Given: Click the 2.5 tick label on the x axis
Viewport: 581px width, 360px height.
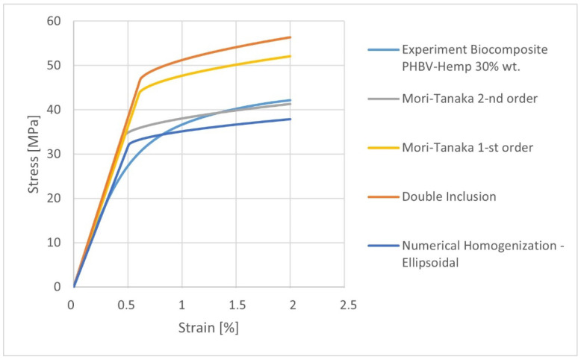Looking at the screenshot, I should tap(347, 305).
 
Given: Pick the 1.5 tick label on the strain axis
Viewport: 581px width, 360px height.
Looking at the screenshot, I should tap(237, 305).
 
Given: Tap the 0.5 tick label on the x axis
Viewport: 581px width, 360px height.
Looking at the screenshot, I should tap(126, 305).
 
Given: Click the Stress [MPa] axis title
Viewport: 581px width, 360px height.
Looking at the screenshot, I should tap(34, 155).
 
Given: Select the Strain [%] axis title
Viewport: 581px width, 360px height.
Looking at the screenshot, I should tap(208, 327).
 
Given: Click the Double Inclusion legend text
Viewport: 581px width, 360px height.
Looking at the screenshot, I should tap(446, 196).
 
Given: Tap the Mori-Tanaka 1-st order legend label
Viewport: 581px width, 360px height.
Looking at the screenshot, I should tap(466, 147).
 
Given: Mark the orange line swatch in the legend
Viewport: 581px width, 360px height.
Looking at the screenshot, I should tap(380, 196).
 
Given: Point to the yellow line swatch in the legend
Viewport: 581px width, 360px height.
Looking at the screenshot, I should tap(380, 148).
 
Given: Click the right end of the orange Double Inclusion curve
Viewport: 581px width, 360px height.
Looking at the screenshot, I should tap(290, 37).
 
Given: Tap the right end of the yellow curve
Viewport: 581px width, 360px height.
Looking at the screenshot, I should tap(290, 56).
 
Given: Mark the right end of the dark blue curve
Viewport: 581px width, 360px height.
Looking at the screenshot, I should tap(290, 119).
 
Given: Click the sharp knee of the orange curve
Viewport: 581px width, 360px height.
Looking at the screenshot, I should tap(140, 78).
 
